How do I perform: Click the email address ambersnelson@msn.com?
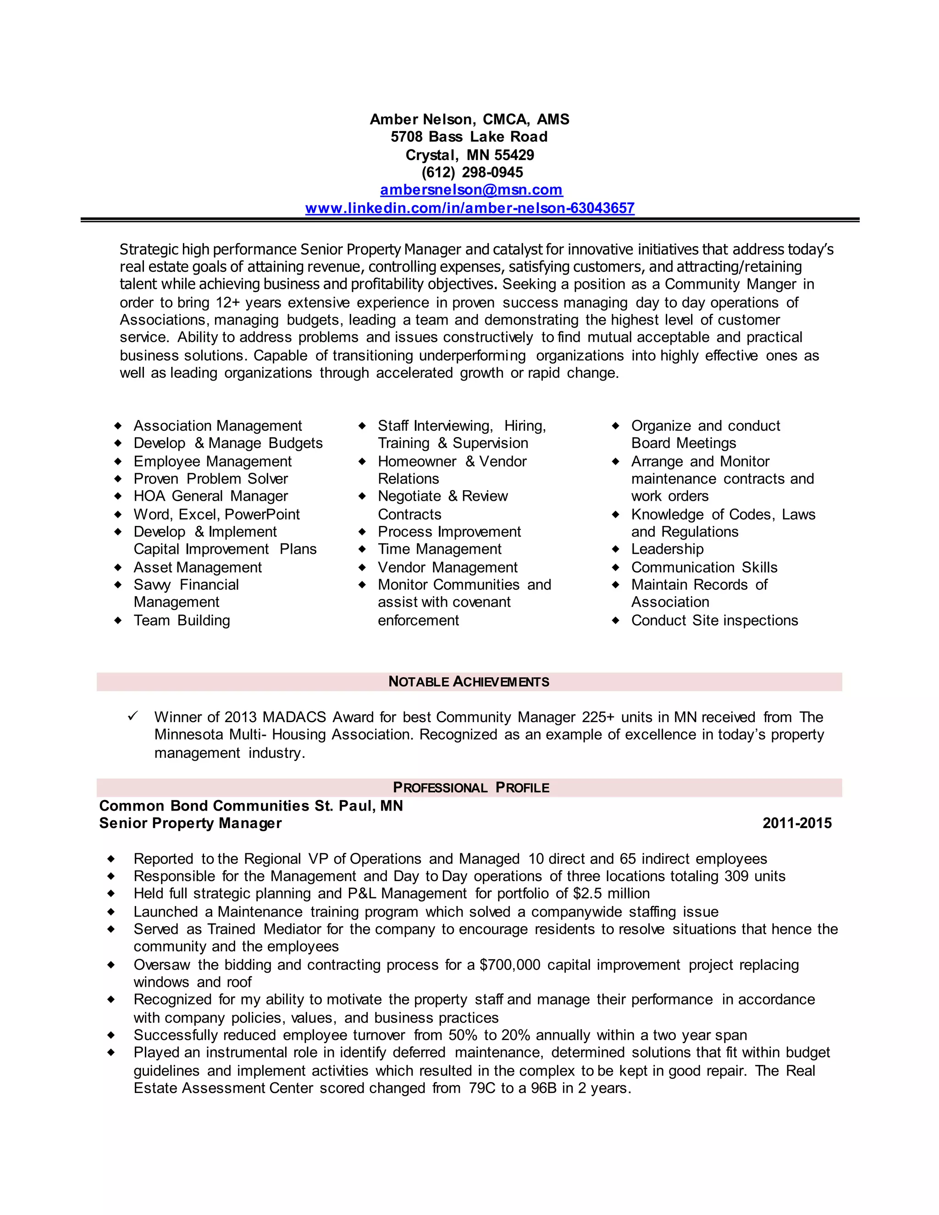pyautogui.click(x=471, y=190)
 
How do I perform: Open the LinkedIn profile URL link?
pyautogui.click(x=469, y=208)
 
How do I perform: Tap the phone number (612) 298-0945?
pyautogui.click(x=472, y=172)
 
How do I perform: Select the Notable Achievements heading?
pyautogui.click(x=469, y=682)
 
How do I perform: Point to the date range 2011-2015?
pyautogui.click(x=796, y=823)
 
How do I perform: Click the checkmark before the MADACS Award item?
pyautogui.click(x=133, y=716)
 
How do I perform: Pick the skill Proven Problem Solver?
pyautogui.click(x=210, y=479)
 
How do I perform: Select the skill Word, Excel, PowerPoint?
pyautogui.click(x=216, y=514)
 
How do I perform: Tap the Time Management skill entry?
pyautogui.click(x=439, y=549)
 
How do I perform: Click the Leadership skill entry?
pyautogui.click(x=667, y=549)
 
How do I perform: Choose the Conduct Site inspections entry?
pyautogui.click(x=714, y=620)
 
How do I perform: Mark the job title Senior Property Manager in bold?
pyautogui.click(x=190, y=823)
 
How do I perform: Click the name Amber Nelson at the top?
pyautogui.click(x=421, y=120)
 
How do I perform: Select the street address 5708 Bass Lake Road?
pyautogui.click(x=469, y=137)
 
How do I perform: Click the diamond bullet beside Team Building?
pyautogui.click(x=118, y=620)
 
